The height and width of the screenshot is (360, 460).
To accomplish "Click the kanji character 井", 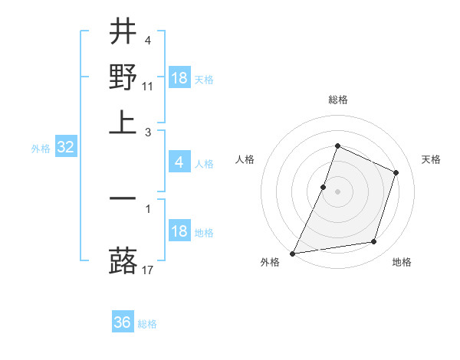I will [123, 32].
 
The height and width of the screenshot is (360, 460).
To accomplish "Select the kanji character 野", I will [123, 77].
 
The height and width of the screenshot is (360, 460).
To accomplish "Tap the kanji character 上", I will [123, 121].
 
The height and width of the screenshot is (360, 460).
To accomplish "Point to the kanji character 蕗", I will [123, 261].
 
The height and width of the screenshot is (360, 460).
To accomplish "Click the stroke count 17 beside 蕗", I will [148, 270].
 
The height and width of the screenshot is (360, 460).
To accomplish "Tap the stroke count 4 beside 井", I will [147, 41].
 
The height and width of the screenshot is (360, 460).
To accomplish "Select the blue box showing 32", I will [65, 148].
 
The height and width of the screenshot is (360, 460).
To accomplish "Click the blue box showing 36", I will [123, 322].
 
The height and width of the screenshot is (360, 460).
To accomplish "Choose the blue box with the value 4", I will [179, 162].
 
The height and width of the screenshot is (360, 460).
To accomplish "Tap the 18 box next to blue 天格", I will [179, 78].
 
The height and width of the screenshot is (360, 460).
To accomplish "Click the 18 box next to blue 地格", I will [179, 231].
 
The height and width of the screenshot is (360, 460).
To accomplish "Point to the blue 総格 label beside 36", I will [147, 324].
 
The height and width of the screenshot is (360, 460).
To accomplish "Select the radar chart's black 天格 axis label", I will [431, 159].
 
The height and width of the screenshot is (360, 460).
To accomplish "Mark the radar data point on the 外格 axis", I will [293, 253].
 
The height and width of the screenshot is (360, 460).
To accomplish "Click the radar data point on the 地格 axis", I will [374, 242].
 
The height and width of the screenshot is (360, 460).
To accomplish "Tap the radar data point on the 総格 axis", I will [337, 146].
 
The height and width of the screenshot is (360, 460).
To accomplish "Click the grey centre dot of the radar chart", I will [337, 191].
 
